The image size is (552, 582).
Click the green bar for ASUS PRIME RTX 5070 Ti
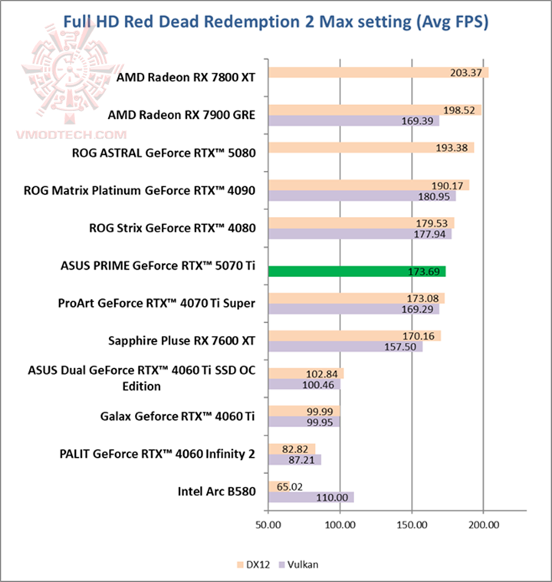[356, 271]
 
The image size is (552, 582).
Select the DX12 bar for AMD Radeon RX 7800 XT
[379, 73]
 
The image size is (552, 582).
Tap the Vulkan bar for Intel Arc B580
[310, 497]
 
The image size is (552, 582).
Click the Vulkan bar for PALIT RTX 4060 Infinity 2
[294, 459]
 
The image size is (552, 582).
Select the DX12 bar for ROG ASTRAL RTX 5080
[371, 148]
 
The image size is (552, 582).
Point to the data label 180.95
[435, 196]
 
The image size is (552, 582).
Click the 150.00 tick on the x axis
[412, 525]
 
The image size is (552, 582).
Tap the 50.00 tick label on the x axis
[268, 525]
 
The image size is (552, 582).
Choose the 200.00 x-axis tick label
[483, 525]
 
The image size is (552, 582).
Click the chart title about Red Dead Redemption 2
[275, 21]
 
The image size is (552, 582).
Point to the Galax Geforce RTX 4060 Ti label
[178, 417]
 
